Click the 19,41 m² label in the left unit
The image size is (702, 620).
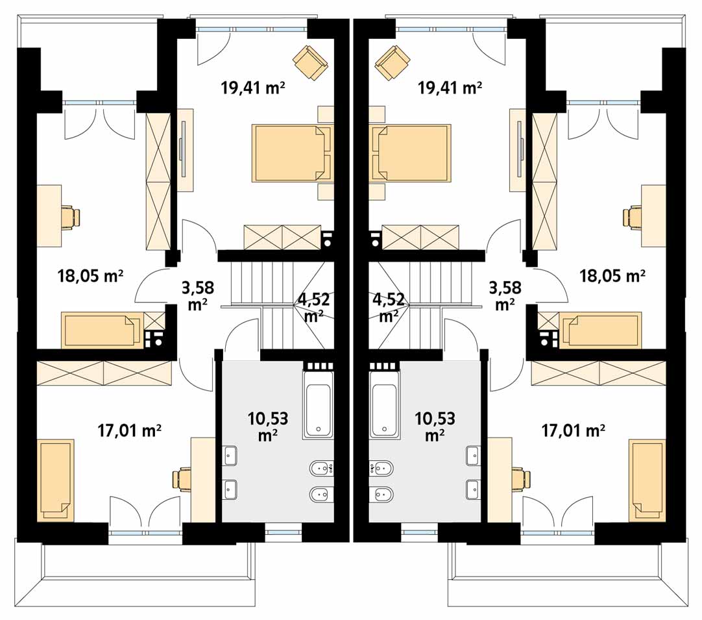253,88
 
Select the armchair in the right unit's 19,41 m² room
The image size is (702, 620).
392,63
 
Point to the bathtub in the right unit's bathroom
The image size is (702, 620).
385,404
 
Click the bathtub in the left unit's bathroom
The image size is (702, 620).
319,404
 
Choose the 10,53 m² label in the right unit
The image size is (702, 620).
435,426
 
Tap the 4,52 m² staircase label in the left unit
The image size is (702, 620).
314,307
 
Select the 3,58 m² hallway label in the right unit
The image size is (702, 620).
505,295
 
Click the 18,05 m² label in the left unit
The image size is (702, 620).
90,275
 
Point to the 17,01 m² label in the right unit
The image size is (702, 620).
574,430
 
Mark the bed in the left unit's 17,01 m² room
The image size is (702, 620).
56,480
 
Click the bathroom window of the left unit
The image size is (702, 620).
284,532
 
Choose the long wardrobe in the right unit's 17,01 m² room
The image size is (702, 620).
598,373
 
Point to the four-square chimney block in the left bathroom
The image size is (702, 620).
319,366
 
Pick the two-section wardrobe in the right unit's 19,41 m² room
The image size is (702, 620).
420,237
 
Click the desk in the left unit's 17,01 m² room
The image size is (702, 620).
203,480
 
